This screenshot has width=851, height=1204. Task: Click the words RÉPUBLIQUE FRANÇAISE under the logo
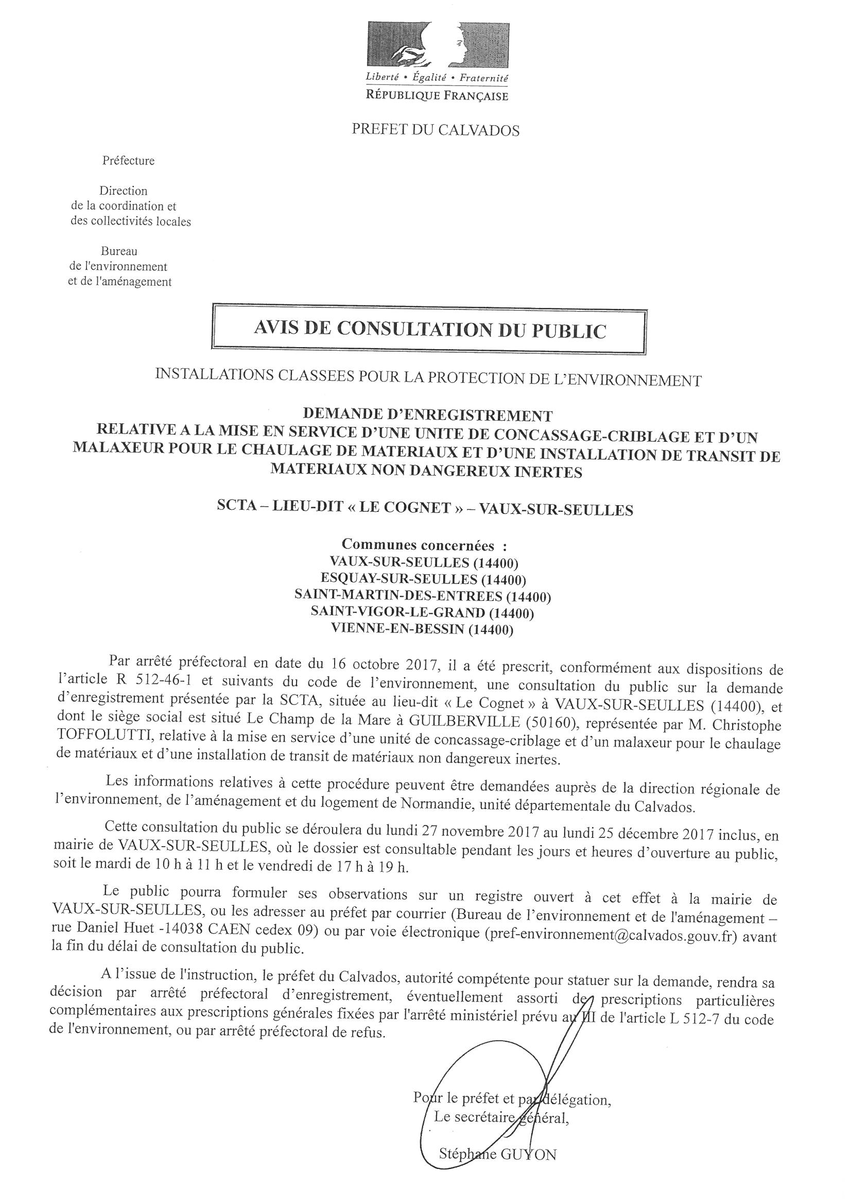pos(437,96)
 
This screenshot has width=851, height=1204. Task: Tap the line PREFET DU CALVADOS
pos(435,130)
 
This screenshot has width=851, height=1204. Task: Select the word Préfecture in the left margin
pos(129,161)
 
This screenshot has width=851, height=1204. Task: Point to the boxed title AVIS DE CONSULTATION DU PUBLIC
pos(429,330)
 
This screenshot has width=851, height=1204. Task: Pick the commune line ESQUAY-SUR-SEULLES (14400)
pos(423,579)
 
